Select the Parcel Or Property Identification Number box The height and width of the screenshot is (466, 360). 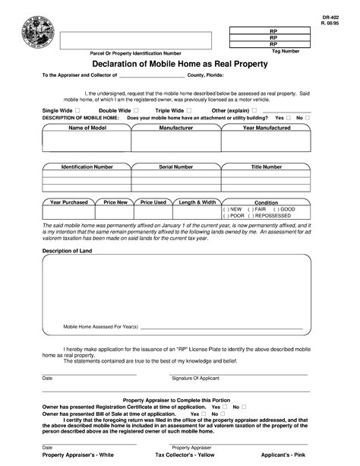136,39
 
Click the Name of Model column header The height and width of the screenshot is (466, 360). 87,128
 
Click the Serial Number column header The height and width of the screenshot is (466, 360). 175,166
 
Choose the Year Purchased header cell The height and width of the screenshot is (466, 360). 69,202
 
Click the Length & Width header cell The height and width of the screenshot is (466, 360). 197,202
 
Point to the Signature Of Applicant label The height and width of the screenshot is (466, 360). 194,378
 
